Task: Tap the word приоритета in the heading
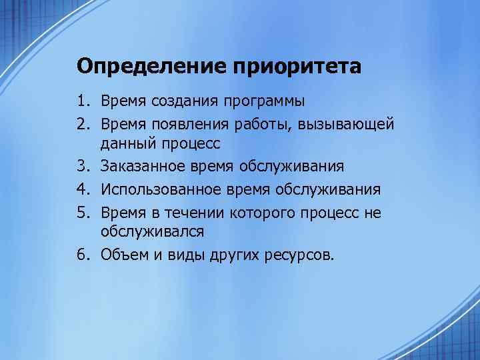(x=297, y=67)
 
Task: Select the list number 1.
(x=83, y=101)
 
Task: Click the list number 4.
(x=83, y=189)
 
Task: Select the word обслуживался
(x=153, y=231)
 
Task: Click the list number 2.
(x=83, y=124)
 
